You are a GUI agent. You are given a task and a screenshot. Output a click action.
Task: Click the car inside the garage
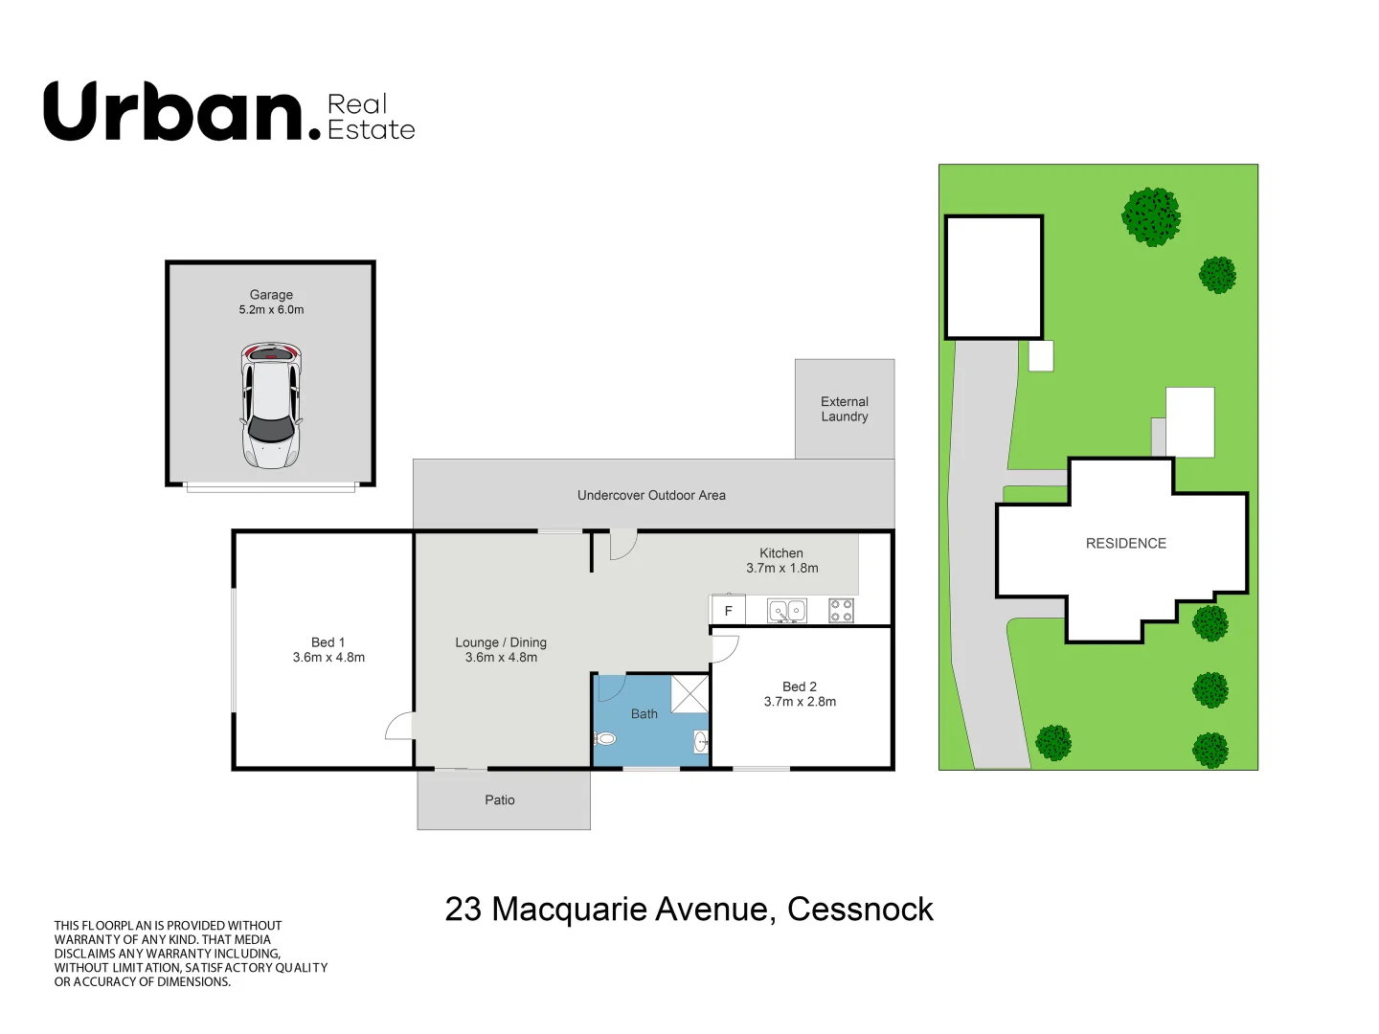271,407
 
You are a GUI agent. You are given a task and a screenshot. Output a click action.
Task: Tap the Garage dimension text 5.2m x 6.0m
271,310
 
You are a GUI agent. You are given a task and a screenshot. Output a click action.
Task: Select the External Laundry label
844,409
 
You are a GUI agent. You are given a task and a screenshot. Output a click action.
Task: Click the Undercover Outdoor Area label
651,495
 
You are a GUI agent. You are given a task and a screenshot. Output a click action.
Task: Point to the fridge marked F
728,611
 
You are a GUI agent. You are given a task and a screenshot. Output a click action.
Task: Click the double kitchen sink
787,610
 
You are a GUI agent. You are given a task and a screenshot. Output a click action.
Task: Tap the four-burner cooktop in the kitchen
841,610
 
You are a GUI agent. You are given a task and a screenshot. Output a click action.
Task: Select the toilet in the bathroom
604,738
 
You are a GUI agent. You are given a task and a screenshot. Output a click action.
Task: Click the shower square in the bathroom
689,693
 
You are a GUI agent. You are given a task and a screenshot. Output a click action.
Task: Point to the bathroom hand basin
701,740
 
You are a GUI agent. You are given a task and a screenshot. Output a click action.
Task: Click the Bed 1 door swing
400,727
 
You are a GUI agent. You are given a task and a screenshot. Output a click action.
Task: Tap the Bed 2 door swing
725,649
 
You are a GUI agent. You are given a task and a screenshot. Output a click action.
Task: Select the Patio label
500,800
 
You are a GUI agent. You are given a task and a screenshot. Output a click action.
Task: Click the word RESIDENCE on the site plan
1125,543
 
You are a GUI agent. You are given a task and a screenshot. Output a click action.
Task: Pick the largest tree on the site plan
1151,216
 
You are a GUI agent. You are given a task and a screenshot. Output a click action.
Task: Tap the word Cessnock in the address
860,909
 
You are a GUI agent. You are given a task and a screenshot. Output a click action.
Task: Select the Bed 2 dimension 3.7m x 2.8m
800,702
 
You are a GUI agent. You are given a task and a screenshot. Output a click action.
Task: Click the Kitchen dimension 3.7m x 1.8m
782,569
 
